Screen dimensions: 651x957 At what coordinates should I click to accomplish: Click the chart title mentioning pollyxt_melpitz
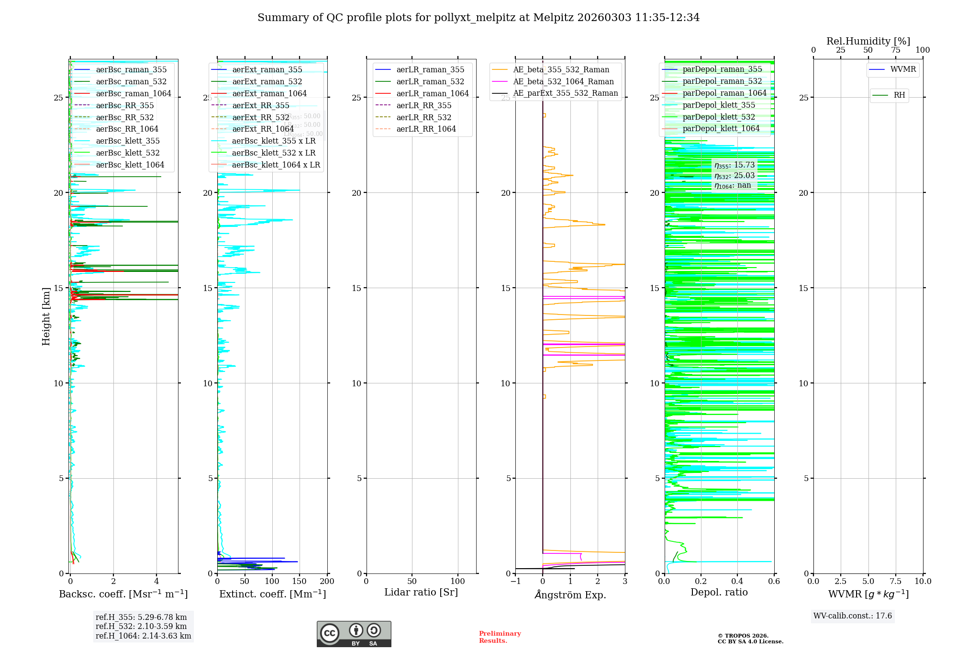tap(478, 18)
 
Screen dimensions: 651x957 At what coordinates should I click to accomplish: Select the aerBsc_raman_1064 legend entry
tap(133, 93)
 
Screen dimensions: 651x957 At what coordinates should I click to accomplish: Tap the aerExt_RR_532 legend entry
tap(260, 117)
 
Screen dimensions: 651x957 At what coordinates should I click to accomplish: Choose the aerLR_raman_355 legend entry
tap(430, 70)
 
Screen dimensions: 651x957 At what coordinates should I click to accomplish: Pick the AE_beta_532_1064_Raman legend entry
tap(563, 81)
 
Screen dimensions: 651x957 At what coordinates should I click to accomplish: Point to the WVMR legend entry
tap(902, 69)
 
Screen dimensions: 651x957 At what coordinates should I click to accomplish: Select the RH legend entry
tap(899, 95)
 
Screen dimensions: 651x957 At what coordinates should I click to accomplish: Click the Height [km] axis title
tap(46, 316)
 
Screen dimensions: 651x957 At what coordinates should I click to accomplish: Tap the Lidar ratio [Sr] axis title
tap(421, 593)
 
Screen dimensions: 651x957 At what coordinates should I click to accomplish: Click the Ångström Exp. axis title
tap(570, 595)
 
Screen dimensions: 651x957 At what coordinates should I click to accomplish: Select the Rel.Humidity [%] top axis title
tap(868, 41)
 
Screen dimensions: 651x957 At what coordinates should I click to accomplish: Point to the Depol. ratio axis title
tap(719, 593)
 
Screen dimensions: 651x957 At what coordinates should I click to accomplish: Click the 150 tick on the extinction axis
tap(299, 582)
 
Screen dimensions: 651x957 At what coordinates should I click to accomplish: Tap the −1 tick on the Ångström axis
tap(515, 582)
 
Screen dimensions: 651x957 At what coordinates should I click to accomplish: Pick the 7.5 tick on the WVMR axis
tap(896, 582)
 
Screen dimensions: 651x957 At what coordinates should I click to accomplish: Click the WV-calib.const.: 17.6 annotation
tap(853, 616)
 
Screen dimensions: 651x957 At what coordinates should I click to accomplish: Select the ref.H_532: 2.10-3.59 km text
tap(141, 627)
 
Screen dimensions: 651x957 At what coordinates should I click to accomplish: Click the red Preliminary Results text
tap(500, 637)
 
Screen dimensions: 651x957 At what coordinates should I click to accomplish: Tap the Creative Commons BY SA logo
tap(354, 634)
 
